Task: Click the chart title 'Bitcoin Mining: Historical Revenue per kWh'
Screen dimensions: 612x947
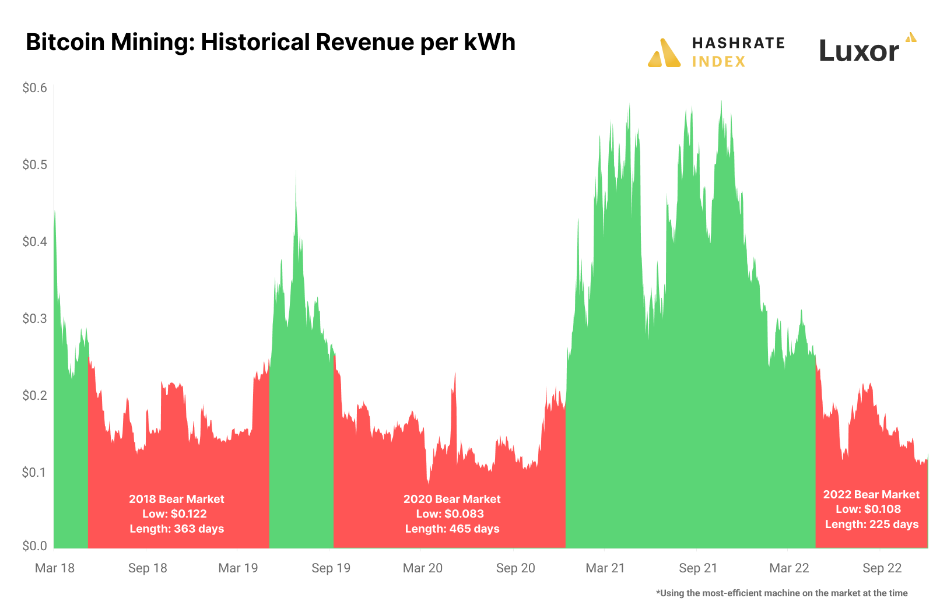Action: (271, 43)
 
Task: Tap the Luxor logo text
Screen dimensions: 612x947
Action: (859, 51)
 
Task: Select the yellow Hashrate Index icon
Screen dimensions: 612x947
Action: (664, 53)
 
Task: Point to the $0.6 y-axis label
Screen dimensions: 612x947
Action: (34, 88)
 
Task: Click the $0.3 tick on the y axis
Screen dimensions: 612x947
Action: (34, 318)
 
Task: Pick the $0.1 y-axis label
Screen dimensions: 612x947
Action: (34, 472)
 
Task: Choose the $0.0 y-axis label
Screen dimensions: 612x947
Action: (34, 546)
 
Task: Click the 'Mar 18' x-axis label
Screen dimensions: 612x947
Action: (55, 568)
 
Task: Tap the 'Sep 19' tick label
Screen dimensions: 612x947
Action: (331, 568)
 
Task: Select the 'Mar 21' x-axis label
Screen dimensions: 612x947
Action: (605, 568)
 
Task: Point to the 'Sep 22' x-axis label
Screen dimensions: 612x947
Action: (882, 568)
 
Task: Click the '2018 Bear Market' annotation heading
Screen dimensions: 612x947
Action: (177, 499)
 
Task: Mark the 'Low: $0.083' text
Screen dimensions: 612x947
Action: (450, 514)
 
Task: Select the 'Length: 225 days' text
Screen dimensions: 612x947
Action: (872, 525)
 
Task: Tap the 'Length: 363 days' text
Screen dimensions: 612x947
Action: (177, 529)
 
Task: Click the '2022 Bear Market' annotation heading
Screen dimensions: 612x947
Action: (871, 494)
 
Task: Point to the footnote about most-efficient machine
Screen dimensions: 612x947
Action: (781, 593)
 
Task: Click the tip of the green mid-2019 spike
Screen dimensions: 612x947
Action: (296, 174)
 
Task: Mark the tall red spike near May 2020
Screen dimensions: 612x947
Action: (455, 374)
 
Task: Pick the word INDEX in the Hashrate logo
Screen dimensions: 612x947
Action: (718, 62)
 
